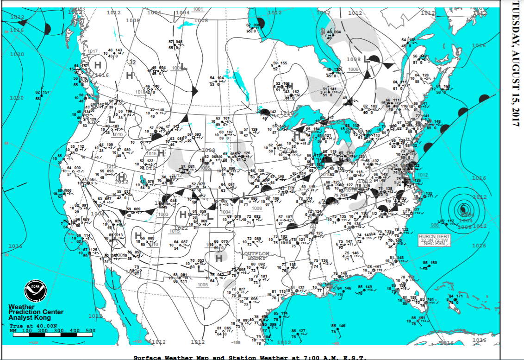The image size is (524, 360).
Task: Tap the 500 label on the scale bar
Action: tap(90, 330)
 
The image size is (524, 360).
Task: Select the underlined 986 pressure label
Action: tap(435, 225)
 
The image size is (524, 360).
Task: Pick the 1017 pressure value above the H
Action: tap(93, 51)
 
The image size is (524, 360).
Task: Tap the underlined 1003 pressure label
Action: tap(163, 215)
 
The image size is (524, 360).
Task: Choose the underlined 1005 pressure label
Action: tap(202, 284)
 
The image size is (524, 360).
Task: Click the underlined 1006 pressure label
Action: tap(353, 69)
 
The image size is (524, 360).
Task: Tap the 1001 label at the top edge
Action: tap(198, 9)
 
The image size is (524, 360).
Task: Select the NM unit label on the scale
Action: tap(12, 330)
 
